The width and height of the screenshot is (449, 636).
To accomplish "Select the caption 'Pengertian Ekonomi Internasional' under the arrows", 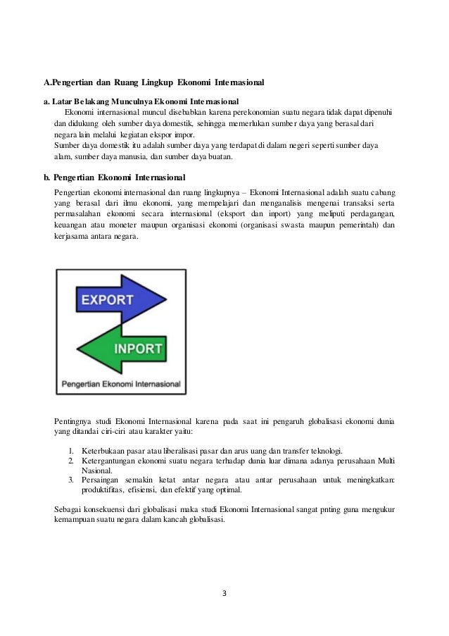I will coord(120,385).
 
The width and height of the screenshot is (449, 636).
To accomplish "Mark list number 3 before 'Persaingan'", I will coord(72,480).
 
